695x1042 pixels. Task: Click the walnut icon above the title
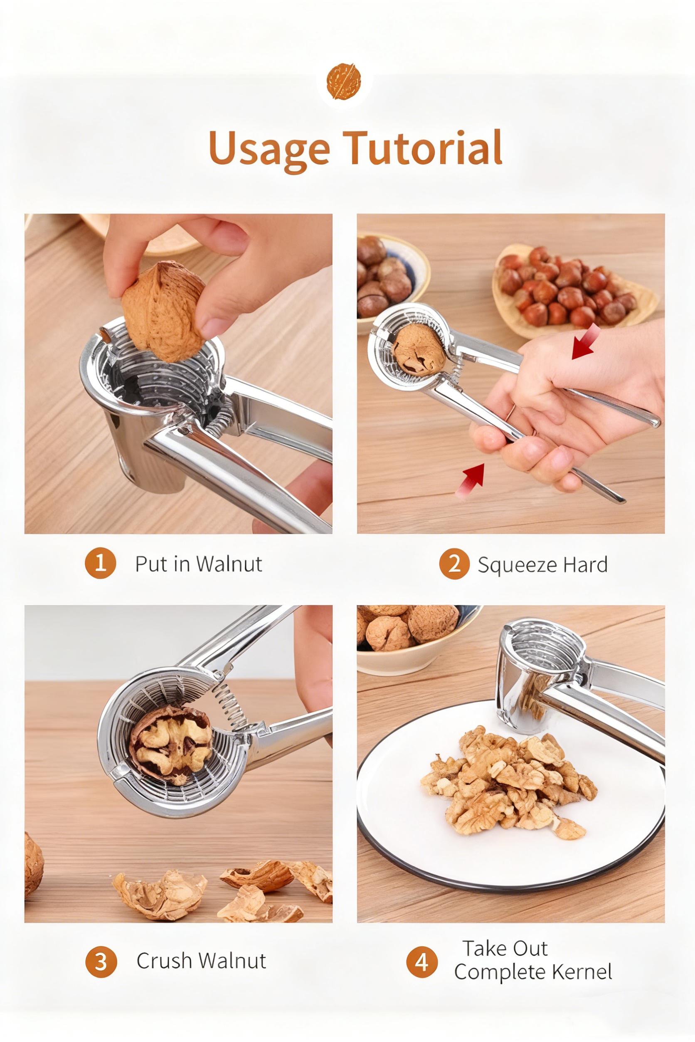(344, 81)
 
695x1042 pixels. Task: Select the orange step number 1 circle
(100, 563)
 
